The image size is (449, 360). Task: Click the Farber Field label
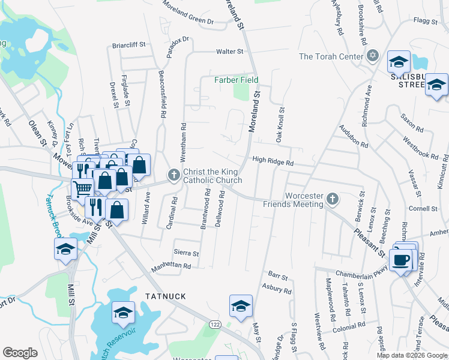coord(237,80)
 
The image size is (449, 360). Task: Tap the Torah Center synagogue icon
coord(372,56)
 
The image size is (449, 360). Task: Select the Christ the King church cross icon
coord(173,175)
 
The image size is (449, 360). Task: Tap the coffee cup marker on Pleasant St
coord(400,260)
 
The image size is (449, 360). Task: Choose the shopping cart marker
coord(82,187)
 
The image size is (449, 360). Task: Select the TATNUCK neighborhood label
coord(166,296)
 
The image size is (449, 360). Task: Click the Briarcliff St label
coord(130,45)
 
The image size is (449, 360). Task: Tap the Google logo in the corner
coord(20,353)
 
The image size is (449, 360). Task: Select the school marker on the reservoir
coord(123,312)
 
